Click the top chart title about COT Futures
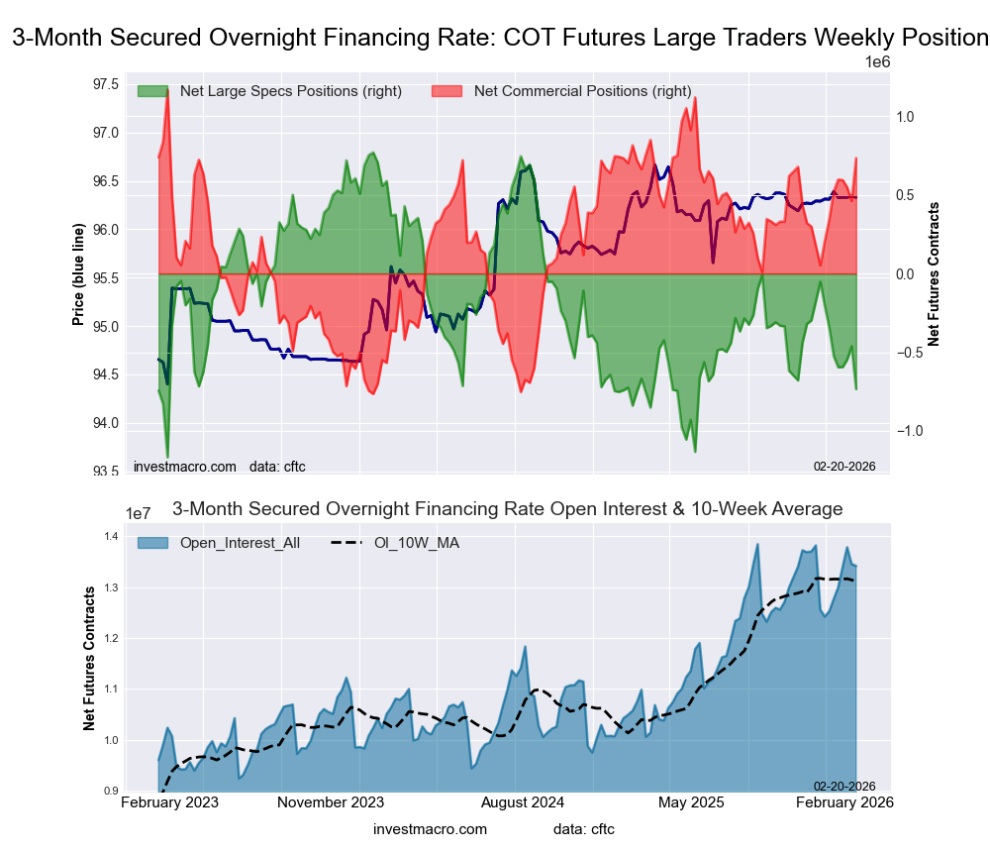pos(500,38)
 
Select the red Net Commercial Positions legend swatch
pos(448,91)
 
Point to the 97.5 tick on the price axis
pos(105,83)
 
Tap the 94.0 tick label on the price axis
pos(105,423)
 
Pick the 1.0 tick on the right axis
pos(904,117)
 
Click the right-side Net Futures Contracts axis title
pos(934,273)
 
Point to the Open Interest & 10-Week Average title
pos(508,509)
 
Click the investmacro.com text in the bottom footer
pos(431,828)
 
